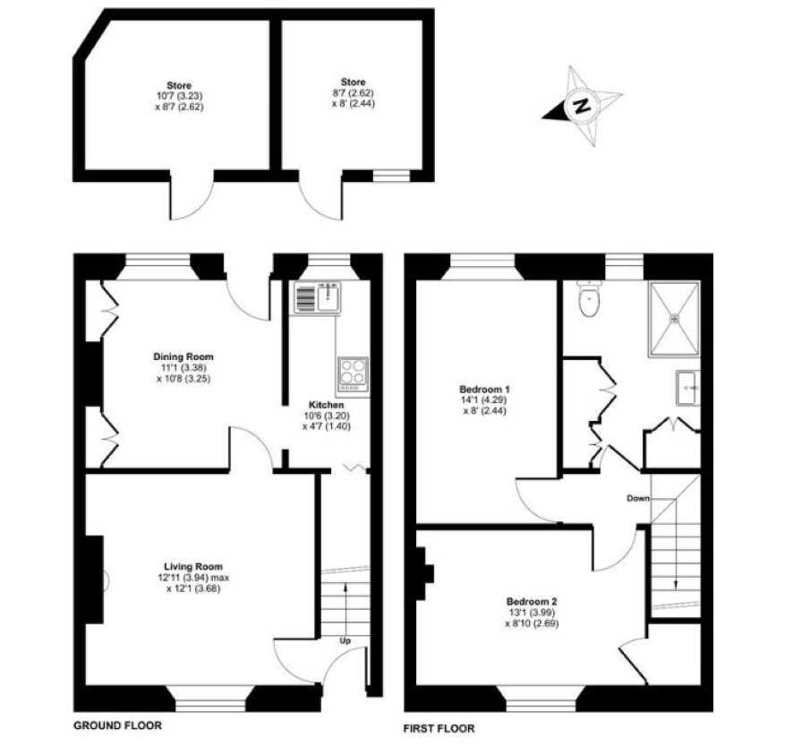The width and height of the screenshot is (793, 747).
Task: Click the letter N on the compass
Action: tap(583, 107)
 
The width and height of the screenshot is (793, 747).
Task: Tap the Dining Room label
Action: tap(183, 356)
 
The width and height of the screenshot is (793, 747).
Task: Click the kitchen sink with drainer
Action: tap(318, 297)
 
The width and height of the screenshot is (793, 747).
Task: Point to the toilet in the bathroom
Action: tap(589, 298)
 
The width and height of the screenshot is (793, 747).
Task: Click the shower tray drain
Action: tap(674, 318)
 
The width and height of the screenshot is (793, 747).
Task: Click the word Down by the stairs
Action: tap(638, 499)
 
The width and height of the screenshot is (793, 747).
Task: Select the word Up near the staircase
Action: tap(345, 640)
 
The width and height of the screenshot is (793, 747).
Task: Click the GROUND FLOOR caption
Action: tap(118, 726)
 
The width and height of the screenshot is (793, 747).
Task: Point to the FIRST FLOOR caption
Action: tap(439, 728)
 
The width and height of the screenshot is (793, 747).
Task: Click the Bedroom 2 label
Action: tap(532, 602)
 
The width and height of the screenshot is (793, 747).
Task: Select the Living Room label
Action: tap(193, 566)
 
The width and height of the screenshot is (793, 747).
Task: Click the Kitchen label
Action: tap(326, 405)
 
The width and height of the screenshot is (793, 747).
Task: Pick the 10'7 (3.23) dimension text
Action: tap(180, 96)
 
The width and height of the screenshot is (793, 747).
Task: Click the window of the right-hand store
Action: tap(391, 176)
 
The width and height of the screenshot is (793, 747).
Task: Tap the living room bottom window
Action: tap(210, 699)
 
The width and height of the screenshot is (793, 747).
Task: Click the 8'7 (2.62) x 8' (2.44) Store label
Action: tap(353, 92)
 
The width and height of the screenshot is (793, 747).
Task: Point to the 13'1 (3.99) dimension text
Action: tap(532, 613)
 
